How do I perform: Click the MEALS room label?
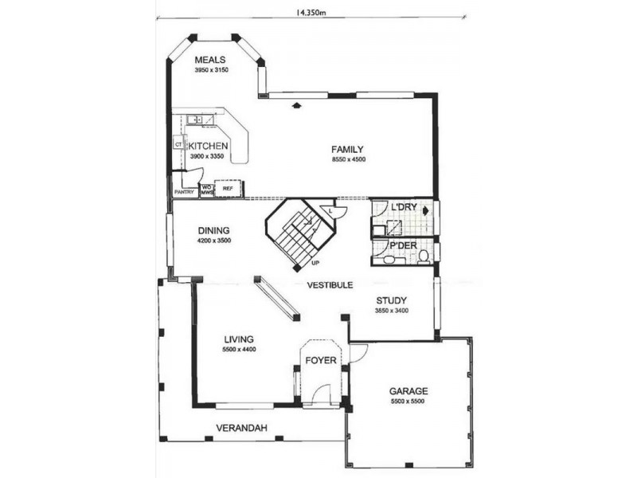(210, 60)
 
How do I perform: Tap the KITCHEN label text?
(209, 147)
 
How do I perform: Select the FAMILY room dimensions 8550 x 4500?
(348, 160)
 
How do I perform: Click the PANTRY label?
(184, 192)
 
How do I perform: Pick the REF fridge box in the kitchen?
(228, 190)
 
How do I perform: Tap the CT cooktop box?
(178, 145)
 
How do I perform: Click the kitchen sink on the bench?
(197, 120)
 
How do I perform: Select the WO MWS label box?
(206, 190)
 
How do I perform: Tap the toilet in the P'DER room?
(424, 256)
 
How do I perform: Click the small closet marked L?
(332, 210)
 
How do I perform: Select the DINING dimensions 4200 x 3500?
(213, 240)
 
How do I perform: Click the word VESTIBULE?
(330, 284)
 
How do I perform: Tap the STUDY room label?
(392, 300)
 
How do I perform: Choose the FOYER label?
(322, 360)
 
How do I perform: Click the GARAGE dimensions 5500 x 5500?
(408, 402)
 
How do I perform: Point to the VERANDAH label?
(241, 428)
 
